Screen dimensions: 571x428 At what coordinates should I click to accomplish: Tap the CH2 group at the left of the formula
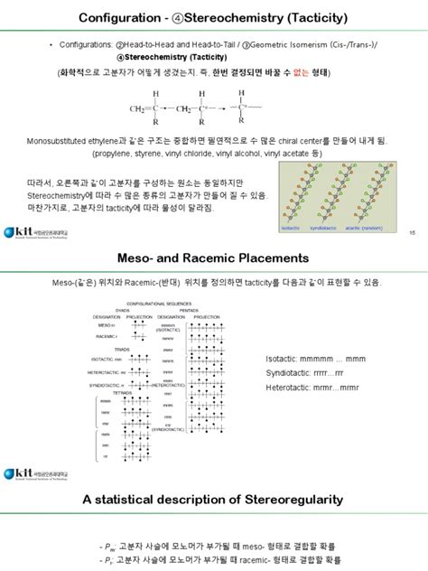[142, 109]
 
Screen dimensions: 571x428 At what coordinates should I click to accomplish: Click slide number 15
[412, 234]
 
